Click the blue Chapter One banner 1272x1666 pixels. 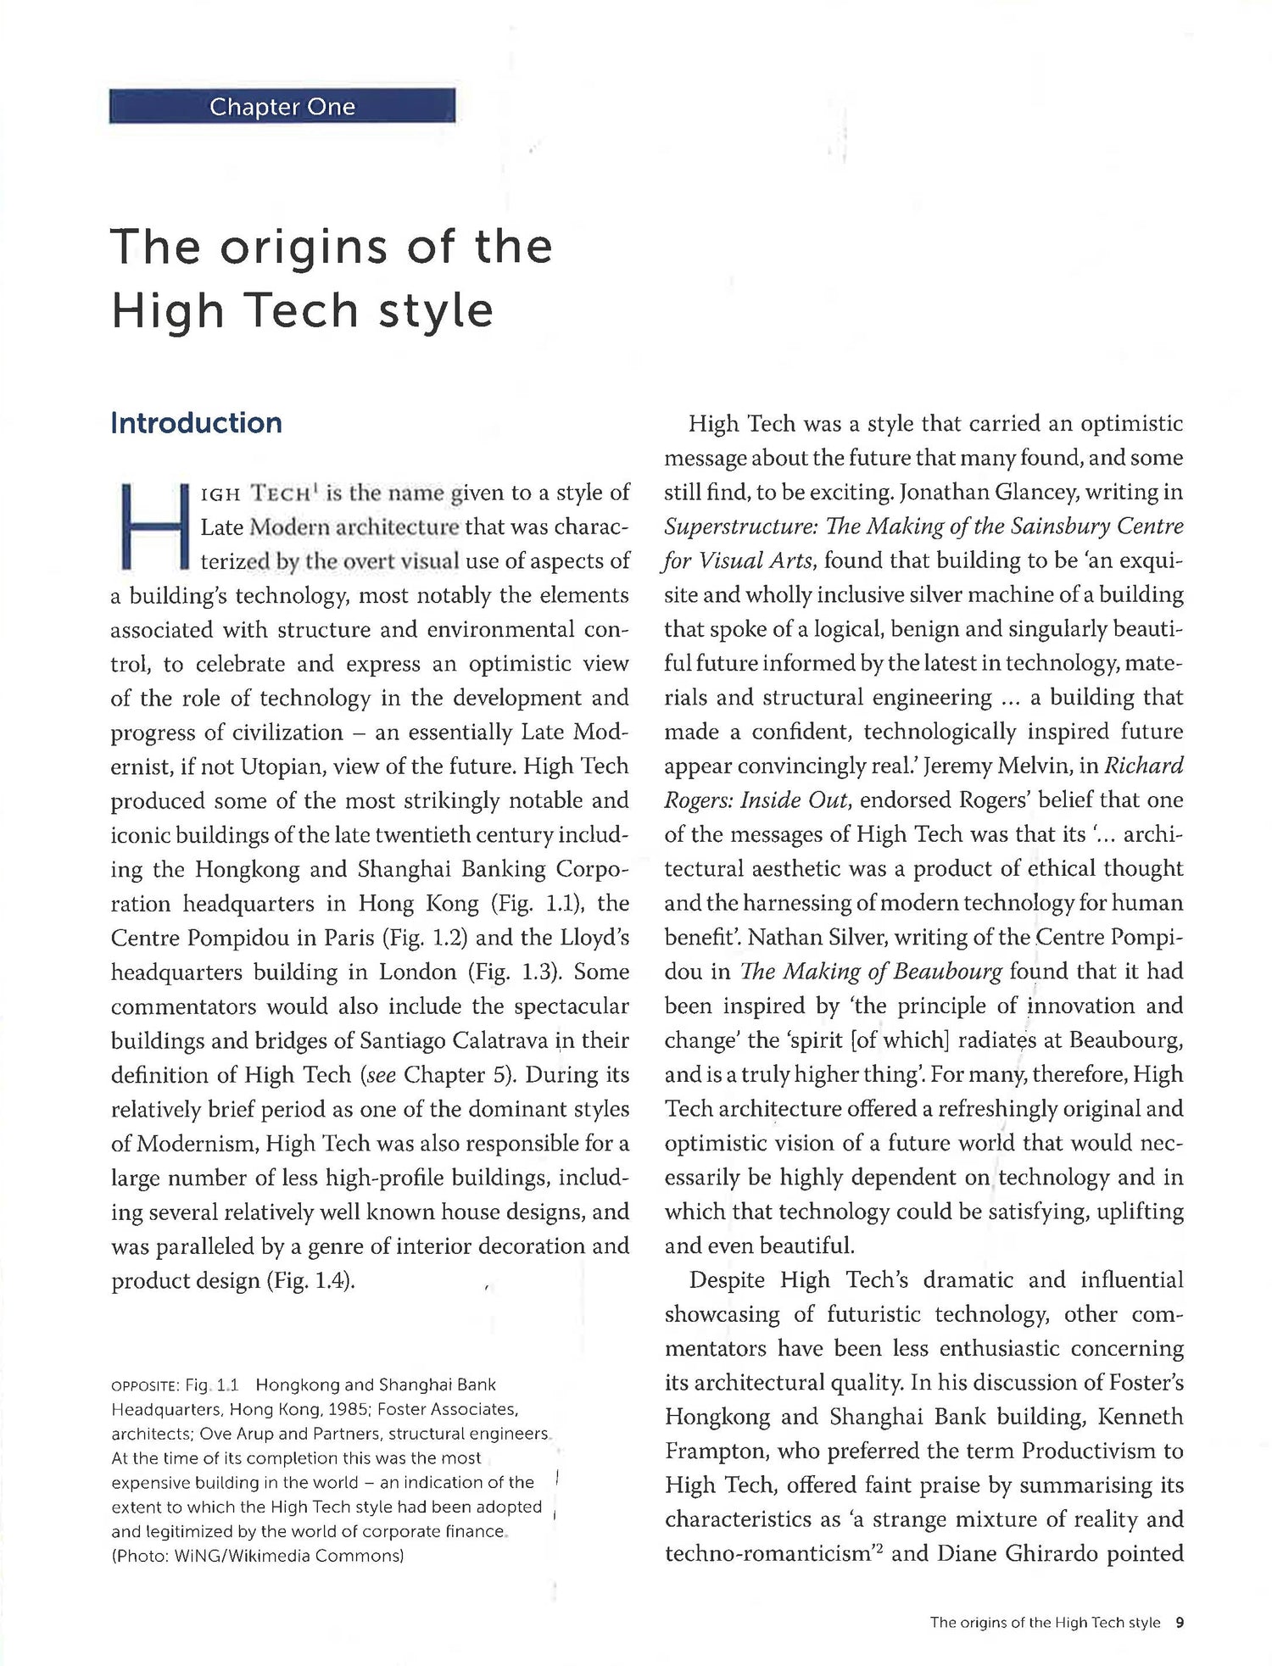click(x=282, y=107)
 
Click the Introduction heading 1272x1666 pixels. click(x=196, y=423)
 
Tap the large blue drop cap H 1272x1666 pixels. click(x=153, y=526)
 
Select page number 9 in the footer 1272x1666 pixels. click(x=1179, y=1623)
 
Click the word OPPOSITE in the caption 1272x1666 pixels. click(x=144, y=1386)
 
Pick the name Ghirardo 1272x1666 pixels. click(x=1052, y=1553)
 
